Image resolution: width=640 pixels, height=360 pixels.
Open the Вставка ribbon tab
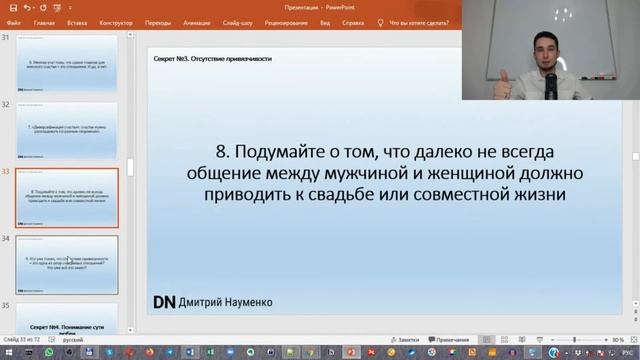click(x=75, y=20)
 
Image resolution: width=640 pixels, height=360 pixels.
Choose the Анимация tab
click(x=196, y=20)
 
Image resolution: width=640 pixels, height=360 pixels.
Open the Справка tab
click(x=368, y=20)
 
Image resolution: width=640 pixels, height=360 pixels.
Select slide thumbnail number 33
click(x=67, y=197)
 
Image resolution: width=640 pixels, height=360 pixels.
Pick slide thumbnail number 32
click(x=67, y=129)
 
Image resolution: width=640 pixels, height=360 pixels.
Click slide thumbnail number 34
click(x=67, y=264)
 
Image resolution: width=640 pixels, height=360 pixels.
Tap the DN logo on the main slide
click(x=163, y=301)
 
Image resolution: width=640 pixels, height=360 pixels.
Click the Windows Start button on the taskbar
click(x=7, y=353)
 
